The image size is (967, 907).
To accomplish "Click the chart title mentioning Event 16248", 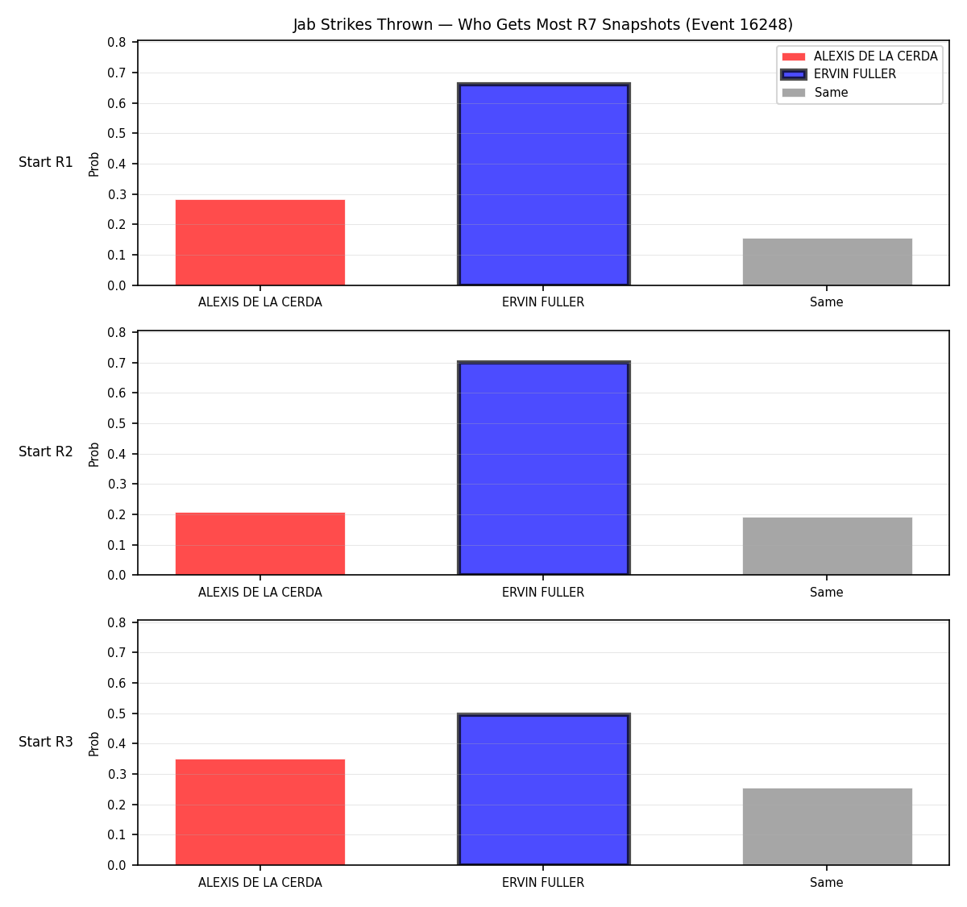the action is (x=542, y=24).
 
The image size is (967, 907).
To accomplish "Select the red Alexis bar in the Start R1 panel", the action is (x=260, y=242).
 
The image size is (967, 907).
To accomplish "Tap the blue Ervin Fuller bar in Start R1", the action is (x=543, y=185).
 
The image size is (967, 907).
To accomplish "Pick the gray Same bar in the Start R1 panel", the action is (x=827, y=262).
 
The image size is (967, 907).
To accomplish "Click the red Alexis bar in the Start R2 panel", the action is (x=260, y=543).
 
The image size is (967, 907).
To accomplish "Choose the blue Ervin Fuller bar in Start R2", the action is (x=543, y=468).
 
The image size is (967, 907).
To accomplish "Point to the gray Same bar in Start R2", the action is (x=827, y=546).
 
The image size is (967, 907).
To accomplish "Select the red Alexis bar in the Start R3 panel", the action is (x=260, y=812).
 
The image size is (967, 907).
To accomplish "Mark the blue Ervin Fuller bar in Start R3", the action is (x=543, y=789).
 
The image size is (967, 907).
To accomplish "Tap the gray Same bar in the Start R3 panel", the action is (x=827, y=826).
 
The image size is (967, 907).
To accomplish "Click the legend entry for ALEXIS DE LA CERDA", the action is (x=859, y=56).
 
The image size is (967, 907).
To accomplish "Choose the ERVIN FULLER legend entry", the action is (x=838, y=74).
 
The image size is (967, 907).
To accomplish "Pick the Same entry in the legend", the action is (x=815, y=93).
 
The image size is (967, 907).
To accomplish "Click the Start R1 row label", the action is (x=46, y=162).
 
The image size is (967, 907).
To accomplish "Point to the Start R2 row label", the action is (x=46, y=451).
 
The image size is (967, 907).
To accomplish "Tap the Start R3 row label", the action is (x=46, y=741).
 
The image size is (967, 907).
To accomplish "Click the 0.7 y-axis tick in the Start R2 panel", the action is (x=116, y=363).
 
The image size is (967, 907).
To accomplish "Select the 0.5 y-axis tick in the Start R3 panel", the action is (x=116, y=714).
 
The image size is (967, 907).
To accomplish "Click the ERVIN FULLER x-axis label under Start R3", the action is (x=543, y=882).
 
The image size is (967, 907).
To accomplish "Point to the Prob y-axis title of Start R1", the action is (x=94, y=164).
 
